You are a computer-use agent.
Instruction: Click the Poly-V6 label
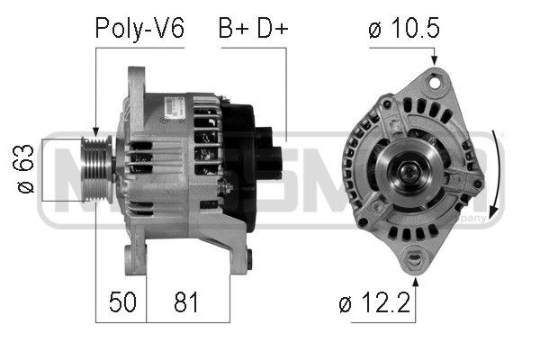(x=139, y=29)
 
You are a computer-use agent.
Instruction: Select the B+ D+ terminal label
(x=252, y=29)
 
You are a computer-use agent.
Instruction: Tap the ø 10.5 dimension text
(x=403, y=29)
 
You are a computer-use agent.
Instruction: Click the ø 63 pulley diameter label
(x=27, y=168)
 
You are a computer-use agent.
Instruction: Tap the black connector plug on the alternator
(x=271, y=148)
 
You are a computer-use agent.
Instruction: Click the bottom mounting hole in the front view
(x=415, y=262)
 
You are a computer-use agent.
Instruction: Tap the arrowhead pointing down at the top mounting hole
(x=436, y=59)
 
